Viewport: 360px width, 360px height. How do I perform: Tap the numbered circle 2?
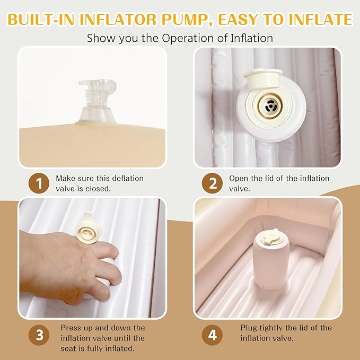tap(212, 183)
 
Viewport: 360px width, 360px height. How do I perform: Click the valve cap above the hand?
tap(88, 229)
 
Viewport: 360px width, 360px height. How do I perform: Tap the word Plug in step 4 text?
tap(249, 328)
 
